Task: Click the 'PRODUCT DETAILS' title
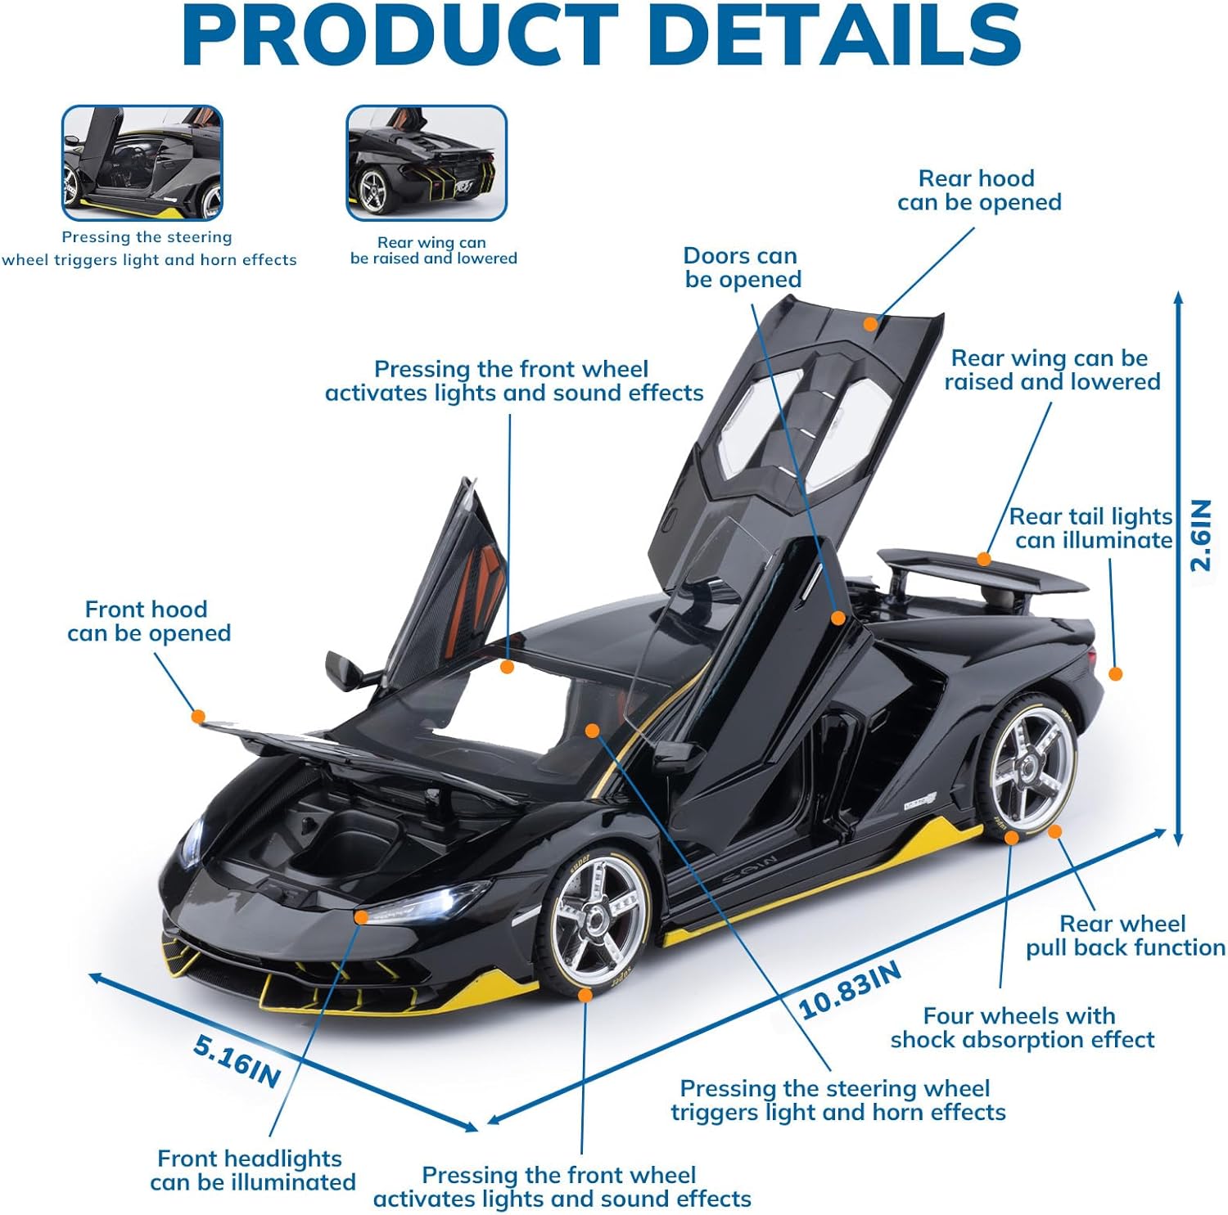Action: point(602,37)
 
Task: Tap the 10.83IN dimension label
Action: point(850,990)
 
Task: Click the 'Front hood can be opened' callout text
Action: point(148,621)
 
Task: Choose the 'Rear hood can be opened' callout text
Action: point(978,190)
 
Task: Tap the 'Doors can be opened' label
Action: point(742,268)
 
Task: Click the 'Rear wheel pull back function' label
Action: point(1125,935)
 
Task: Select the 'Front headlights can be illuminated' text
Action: point(252,1170)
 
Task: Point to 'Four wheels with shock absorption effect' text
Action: point(1022,1028)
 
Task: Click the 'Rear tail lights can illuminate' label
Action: point(1092,529)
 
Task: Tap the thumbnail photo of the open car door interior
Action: point(142,162)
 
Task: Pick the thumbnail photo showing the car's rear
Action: point(427,162)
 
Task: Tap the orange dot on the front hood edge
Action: point(197,716)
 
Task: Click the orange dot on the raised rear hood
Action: point(870,324)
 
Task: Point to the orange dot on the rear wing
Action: point(984,560)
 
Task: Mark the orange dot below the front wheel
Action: point(585,995)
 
